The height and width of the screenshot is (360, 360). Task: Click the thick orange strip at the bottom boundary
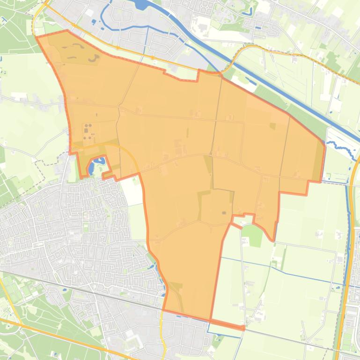227,324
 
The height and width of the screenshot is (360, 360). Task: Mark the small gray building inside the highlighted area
224,213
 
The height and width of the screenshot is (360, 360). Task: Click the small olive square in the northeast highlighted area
272,125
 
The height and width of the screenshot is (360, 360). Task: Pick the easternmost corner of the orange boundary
324,142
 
